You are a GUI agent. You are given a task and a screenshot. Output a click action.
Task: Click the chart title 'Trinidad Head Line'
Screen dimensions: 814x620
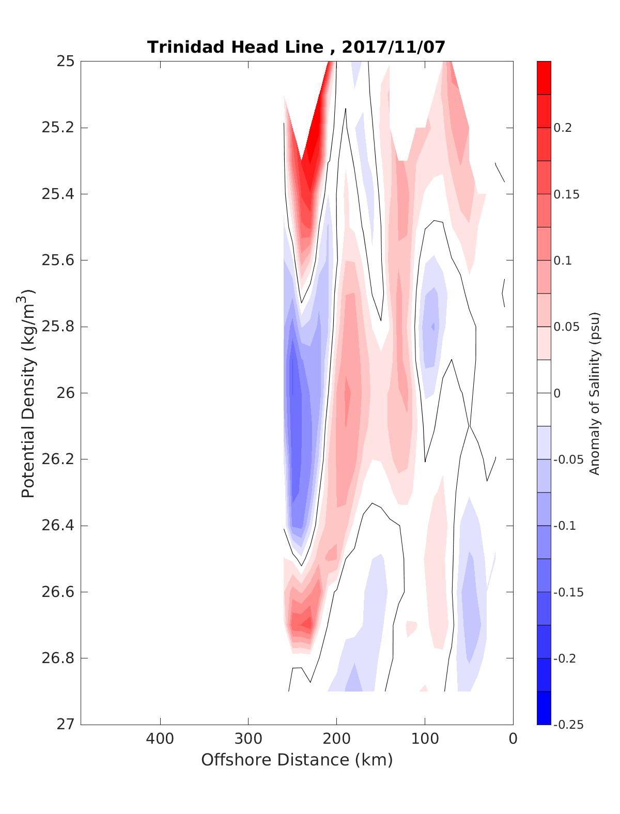click(235, 47)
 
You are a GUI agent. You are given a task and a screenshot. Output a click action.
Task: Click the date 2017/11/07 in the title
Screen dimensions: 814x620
click(393, 47)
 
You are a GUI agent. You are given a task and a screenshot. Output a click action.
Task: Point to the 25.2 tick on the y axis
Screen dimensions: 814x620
click(57, 128)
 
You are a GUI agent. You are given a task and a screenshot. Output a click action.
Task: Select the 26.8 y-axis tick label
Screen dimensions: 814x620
click(57, 658)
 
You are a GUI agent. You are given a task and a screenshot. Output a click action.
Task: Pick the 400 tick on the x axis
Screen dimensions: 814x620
click(160, 739)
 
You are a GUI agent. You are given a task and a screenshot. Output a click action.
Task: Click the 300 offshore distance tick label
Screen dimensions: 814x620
click(249, 739)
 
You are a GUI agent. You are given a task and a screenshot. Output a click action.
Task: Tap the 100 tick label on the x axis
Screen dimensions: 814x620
click(425, 739)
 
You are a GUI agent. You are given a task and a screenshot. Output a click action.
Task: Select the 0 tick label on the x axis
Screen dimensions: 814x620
click(513, 739)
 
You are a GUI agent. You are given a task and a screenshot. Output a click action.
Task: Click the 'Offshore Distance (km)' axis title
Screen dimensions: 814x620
click(297, 760)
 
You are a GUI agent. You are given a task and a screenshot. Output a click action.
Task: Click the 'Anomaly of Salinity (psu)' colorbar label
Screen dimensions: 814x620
click(595, 393)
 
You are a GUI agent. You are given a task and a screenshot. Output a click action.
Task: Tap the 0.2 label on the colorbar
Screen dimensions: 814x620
click(563, 128)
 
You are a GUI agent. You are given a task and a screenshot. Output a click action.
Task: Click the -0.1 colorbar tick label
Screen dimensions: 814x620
click(565, 526)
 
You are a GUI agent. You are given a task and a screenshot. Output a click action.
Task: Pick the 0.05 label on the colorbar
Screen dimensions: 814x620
click(566, 327)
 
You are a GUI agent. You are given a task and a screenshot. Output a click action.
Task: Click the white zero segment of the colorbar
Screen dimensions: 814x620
click(544, 393)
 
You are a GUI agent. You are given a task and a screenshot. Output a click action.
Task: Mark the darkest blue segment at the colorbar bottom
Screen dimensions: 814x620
click(544, 708)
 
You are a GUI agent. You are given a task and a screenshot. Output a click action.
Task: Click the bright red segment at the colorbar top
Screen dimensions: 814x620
click(544, 78)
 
